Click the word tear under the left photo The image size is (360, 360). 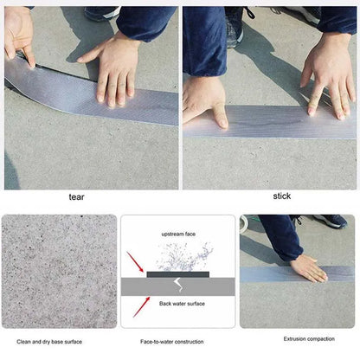click(x=77, y=196)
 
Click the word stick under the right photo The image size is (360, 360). click(x=282, y=196)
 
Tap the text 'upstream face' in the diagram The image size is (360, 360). click(x=178, y=235)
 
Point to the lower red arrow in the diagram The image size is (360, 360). click(x=137, y=305)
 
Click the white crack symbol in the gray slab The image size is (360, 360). click(x=178, y=285)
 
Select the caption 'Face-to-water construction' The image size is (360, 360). click(x=177, y=342)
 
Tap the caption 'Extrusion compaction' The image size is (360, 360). click(x=298, y=338)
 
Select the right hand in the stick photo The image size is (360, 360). click(x=327, y=77)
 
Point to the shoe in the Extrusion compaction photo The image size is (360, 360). click(x=333, y=222)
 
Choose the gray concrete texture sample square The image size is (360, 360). click(x=59, y=271)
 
